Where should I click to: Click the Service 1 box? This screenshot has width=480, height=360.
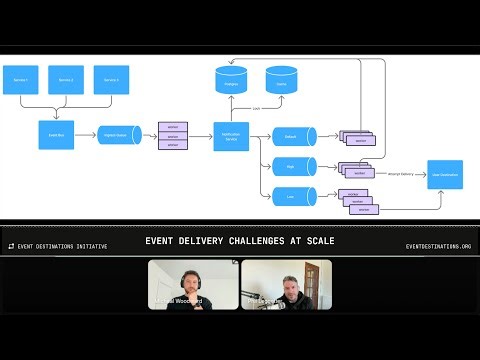click(x=21, y=80)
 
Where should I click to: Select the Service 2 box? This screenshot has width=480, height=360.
click(x=65, y=80)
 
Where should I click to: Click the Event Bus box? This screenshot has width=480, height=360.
click(x=56, y=134)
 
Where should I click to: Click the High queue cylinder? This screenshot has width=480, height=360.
click(x=293, y=166)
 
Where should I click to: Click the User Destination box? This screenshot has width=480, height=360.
click(x=444, y=175)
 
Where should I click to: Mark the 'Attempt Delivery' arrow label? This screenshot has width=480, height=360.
click(x=400, y=173)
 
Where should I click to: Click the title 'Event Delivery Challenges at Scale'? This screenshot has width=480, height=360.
click(x=240, y=241)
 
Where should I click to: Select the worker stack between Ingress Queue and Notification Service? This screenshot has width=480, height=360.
click(x=173, y=135)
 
